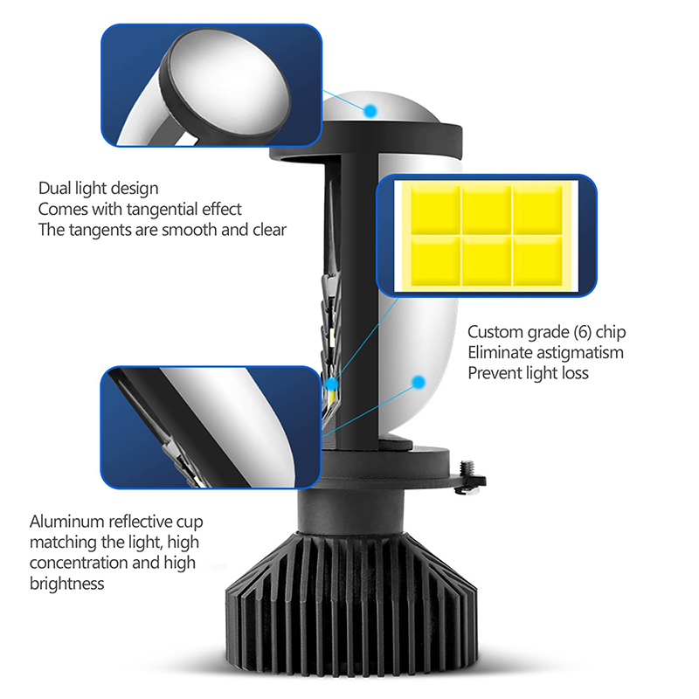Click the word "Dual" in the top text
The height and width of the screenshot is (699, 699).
[x=54, y=188]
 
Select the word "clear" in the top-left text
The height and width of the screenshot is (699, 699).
[x=269, y=230]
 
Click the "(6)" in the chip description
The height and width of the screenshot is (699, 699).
[x=582, y=332]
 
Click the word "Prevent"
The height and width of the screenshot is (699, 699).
[x=495, y=373]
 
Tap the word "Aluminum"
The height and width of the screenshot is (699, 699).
[x=67, y=522]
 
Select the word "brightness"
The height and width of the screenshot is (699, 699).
[x=67, y=584]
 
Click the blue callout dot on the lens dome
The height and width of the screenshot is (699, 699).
[x=370, y=111]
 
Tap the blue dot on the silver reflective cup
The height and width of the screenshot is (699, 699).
[x=419, y=382]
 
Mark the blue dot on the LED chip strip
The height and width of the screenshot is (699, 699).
[x=332, y=384]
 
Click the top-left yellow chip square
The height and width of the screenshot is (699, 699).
[x=435, y=210]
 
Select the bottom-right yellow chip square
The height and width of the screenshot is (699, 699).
[x=538, y=260]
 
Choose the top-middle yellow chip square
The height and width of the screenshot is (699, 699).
[x=487, y=210]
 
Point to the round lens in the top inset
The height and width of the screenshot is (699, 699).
[x=225, y=84]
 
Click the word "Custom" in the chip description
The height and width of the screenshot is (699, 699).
[x=495, y=332]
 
